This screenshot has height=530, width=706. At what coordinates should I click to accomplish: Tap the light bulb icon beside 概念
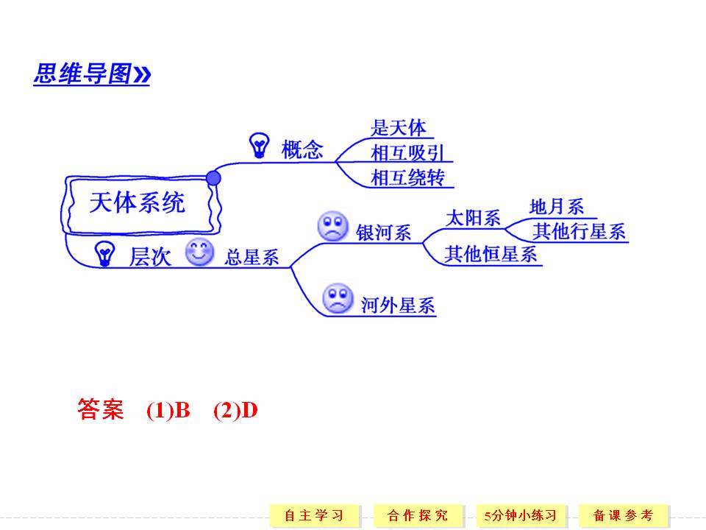[259, 146]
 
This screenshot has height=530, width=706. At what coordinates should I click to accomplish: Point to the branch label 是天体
[398, 128]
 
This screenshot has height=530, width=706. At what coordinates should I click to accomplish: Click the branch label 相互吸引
[407, 153]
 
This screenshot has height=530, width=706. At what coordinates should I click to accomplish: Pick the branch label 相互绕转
[407, 177]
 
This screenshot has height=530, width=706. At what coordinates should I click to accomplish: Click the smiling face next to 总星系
[199, 253]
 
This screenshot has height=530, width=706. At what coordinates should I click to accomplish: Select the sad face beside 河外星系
[338, 298]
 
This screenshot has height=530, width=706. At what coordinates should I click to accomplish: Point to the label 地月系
[556, 207]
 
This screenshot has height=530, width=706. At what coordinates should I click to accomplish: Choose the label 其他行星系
[580, 232]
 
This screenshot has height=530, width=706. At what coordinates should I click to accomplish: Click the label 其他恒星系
[491, 255]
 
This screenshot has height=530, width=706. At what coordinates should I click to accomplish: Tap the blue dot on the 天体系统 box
[213, 177]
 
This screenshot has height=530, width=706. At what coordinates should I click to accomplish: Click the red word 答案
[101, 410]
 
